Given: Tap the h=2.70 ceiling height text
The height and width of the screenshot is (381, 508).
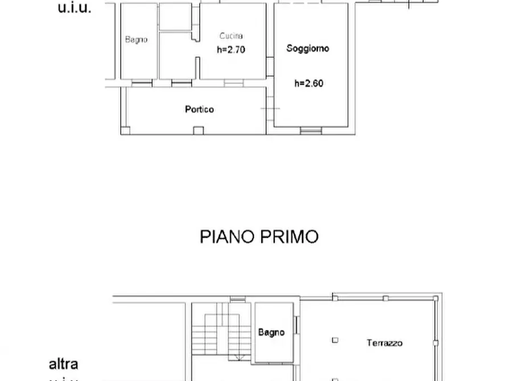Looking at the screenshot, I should (x=231, y=49).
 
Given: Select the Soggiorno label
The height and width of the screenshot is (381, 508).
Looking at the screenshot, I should (x=308, y=48).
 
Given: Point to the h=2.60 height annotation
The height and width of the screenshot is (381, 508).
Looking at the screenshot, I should (x=309, y=83).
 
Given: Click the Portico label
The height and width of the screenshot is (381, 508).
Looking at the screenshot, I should (x=199, y=109).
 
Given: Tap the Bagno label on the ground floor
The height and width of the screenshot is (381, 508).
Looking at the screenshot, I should (x=137, y=40).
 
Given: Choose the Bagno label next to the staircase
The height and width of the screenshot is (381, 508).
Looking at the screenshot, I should (x=271, y=333).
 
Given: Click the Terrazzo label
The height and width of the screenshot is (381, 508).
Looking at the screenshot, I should (x=385, y=343).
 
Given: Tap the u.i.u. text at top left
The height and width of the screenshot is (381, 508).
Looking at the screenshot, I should (x=75, y=8).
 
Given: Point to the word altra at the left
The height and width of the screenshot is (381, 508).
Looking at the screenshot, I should (x=63, y=364).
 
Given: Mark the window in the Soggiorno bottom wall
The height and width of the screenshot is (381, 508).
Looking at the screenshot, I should (x=311, y=131).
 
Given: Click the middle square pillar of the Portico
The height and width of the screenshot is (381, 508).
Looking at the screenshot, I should (x=197, y=131).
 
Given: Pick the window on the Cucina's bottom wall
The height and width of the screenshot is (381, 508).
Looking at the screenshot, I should (x=233, y=83).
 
